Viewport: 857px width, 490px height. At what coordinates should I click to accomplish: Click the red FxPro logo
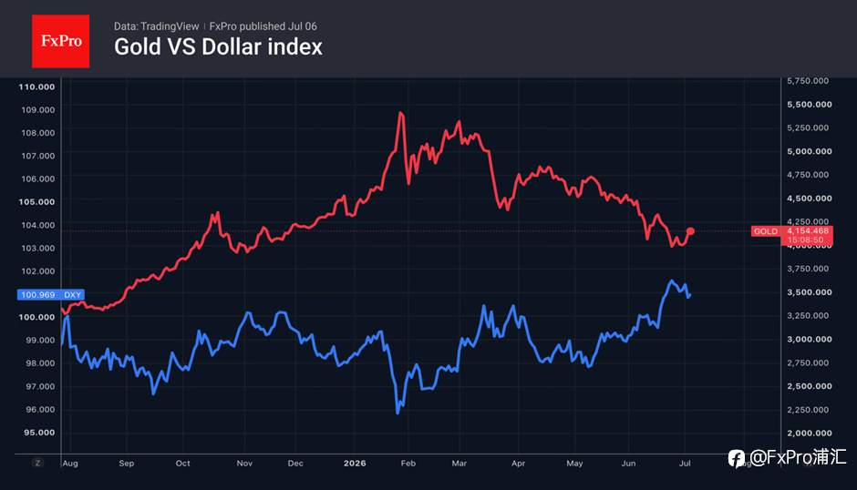61,41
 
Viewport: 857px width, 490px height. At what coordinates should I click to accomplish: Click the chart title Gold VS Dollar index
218,47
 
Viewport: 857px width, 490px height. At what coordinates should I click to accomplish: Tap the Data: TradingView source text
156,26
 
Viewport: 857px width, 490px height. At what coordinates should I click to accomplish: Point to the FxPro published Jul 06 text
263,26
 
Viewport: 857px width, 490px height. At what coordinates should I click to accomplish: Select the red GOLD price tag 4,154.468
792,236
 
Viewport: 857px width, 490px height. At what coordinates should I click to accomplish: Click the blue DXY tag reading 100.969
51,294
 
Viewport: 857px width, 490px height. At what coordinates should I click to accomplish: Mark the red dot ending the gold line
690,231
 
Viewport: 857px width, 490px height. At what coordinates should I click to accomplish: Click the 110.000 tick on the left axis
36,87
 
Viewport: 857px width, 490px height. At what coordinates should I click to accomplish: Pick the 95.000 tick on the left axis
39,433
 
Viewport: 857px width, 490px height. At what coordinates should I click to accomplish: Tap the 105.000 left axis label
36,201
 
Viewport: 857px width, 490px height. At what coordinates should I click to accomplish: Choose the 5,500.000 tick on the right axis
810,105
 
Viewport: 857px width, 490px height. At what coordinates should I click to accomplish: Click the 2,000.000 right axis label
810,434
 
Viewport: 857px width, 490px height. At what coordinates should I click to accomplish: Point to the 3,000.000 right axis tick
810,339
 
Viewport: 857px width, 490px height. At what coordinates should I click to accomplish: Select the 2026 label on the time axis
355,464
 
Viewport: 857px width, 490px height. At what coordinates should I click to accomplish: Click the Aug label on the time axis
70,464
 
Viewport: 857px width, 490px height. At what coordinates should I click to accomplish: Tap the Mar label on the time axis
459,464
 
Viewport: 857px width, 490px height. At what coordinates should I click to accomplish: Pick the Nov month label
244,464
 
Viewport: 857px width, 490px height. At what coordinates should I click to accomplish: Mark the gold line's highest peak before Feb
400,113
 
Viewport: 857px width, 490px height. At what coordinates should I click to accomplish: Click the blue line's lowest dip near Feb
398,413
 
